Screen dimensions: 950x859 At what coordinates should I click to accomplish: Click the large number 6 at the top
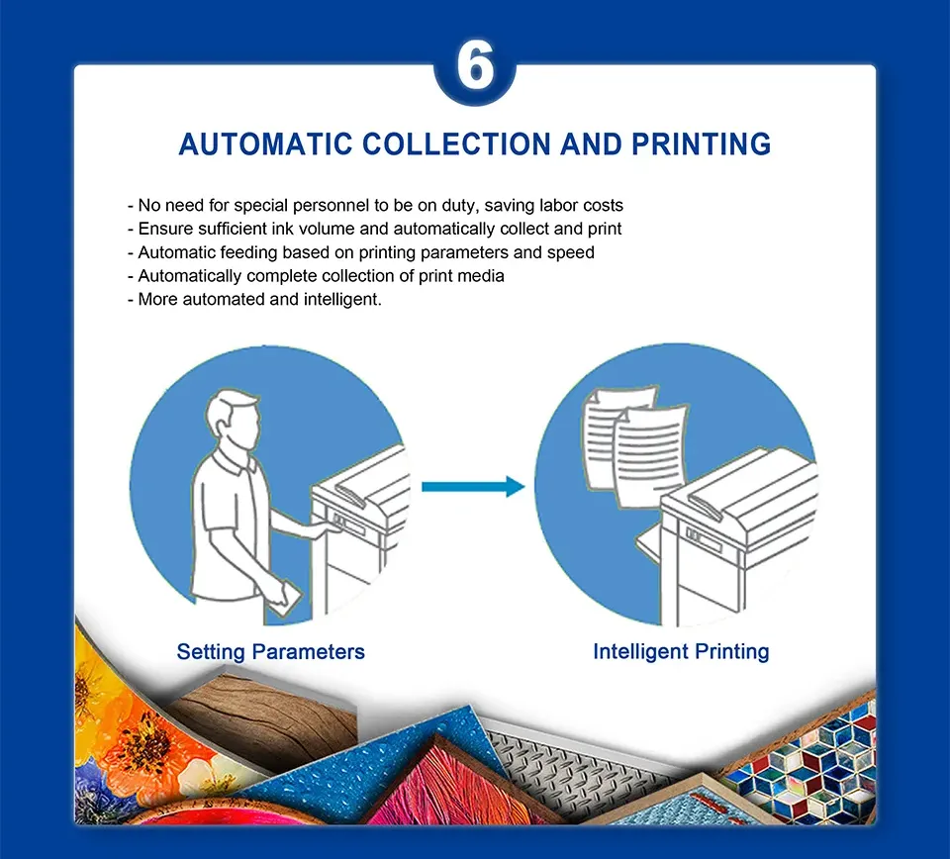tap(475, 66)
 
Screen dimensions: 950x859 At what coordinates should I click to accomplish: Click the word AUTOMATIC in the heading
tap(266, 144)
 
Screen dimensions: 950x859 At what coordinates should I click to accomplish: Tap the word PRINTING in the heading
tap(701, 144)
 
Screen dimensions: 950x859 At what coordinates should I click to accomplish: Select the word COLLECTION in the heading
tap(457, 144)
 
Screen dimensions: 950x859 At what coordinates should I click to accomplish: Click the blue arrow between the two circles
tap(473, 487)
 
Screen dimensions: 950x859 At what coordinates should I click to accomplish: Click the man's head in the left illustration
tap(234, 420)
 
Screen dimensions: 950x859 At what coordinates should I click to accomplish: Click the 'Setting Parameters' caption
tap(271, 652)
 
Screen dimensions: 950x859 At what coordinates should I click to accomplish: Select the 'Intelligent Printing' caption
tap(681, 652)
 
